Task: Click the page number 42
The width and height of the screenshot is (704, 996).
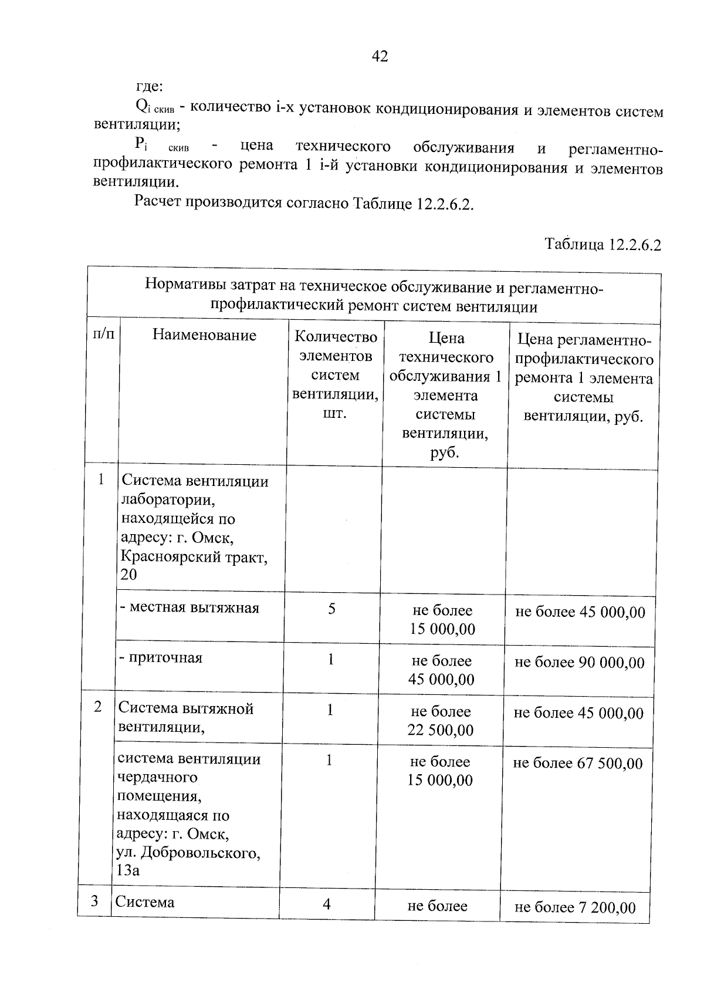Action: (x=380, y=56)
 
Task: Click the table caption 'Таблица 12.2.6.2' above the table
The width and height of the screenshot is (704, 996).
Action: (x=603, y=244)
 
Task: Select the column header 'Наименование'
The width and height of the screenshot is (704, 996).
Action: (x=204, y=335)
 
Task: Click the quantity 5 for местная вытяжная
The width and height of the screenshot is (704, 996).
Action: (x=331, y=609)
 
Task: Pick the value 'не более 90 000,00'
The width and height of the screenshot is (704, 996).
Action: (x=579, y=663)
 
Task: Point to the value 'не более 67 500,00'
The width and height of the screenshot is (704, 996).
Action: (x=578, y=763)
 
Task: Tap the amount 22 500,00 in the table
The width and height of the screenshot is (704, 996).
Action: (x=441, y=730)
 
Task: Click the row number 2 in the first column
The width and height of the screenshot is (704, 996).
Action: (x=98, y=707)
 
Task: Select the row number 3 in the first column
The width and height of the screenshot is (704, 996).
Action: (x=94, y=901)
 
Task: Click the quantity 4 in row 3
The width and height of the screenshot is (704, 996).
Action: (x=327, y=903)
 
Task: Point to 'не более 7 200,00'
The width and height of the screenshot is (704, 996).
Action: (x=575, y=907)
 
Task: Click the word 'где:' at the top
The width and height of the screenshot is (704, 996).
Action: (x=149, y=87)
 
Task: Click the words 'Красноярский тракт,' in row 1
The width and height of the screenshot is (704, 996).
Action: (x=194, y=556)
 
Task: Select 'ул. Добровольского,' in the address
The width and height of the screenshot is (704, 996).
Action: (x=188, y=852)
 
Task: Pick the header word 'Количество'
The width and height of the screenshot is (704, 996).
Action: (x=336, y=337)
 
